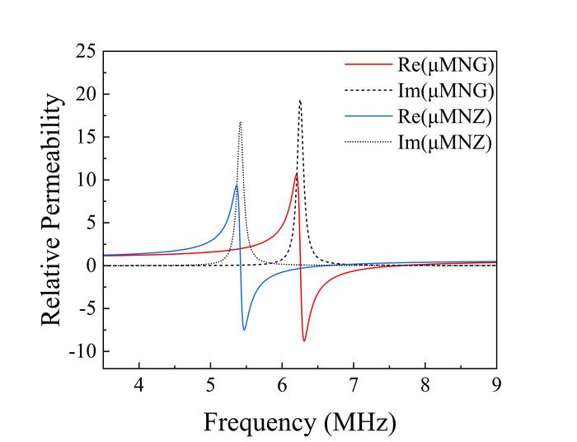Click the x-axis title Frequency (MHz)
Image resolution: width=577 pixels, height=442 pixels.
pyautogui.click(x=299, y=422)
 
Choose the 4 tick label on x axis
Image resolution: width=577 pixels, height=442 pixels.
pyautogui.click(x=138, y=386)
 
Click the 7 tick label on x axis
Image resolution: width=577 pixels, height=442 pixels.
pyautogui.click(x=354, y=386)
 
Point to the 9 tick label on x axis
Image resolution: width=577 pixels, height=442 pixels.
pyautogui.click(x=496, y=386)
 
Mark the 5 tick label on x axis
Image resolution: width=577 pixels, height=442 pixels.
pyautogui.click(x=210, y=386)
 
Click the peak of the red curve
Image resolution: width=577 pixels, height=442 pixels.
pyautogui.click(x=297, y=174)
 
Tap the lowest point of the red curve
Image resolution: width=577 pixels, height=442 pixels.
pyautogui.click(x=304, y=341)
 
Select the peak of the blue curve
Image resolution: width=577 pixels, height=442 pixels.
pyautogui.click(x=237, y=186)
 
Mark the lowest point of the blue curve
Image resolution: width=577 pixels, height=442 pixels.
pyautogui.click(x=244, y=330)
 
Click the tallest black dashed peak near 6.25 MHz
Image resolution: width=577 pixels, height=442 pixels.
pyautogui.click(x=300, y=101)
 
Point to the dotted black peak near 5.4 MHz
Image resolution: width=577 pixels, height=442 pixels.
pyautogui.click(x=240, y=122)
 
